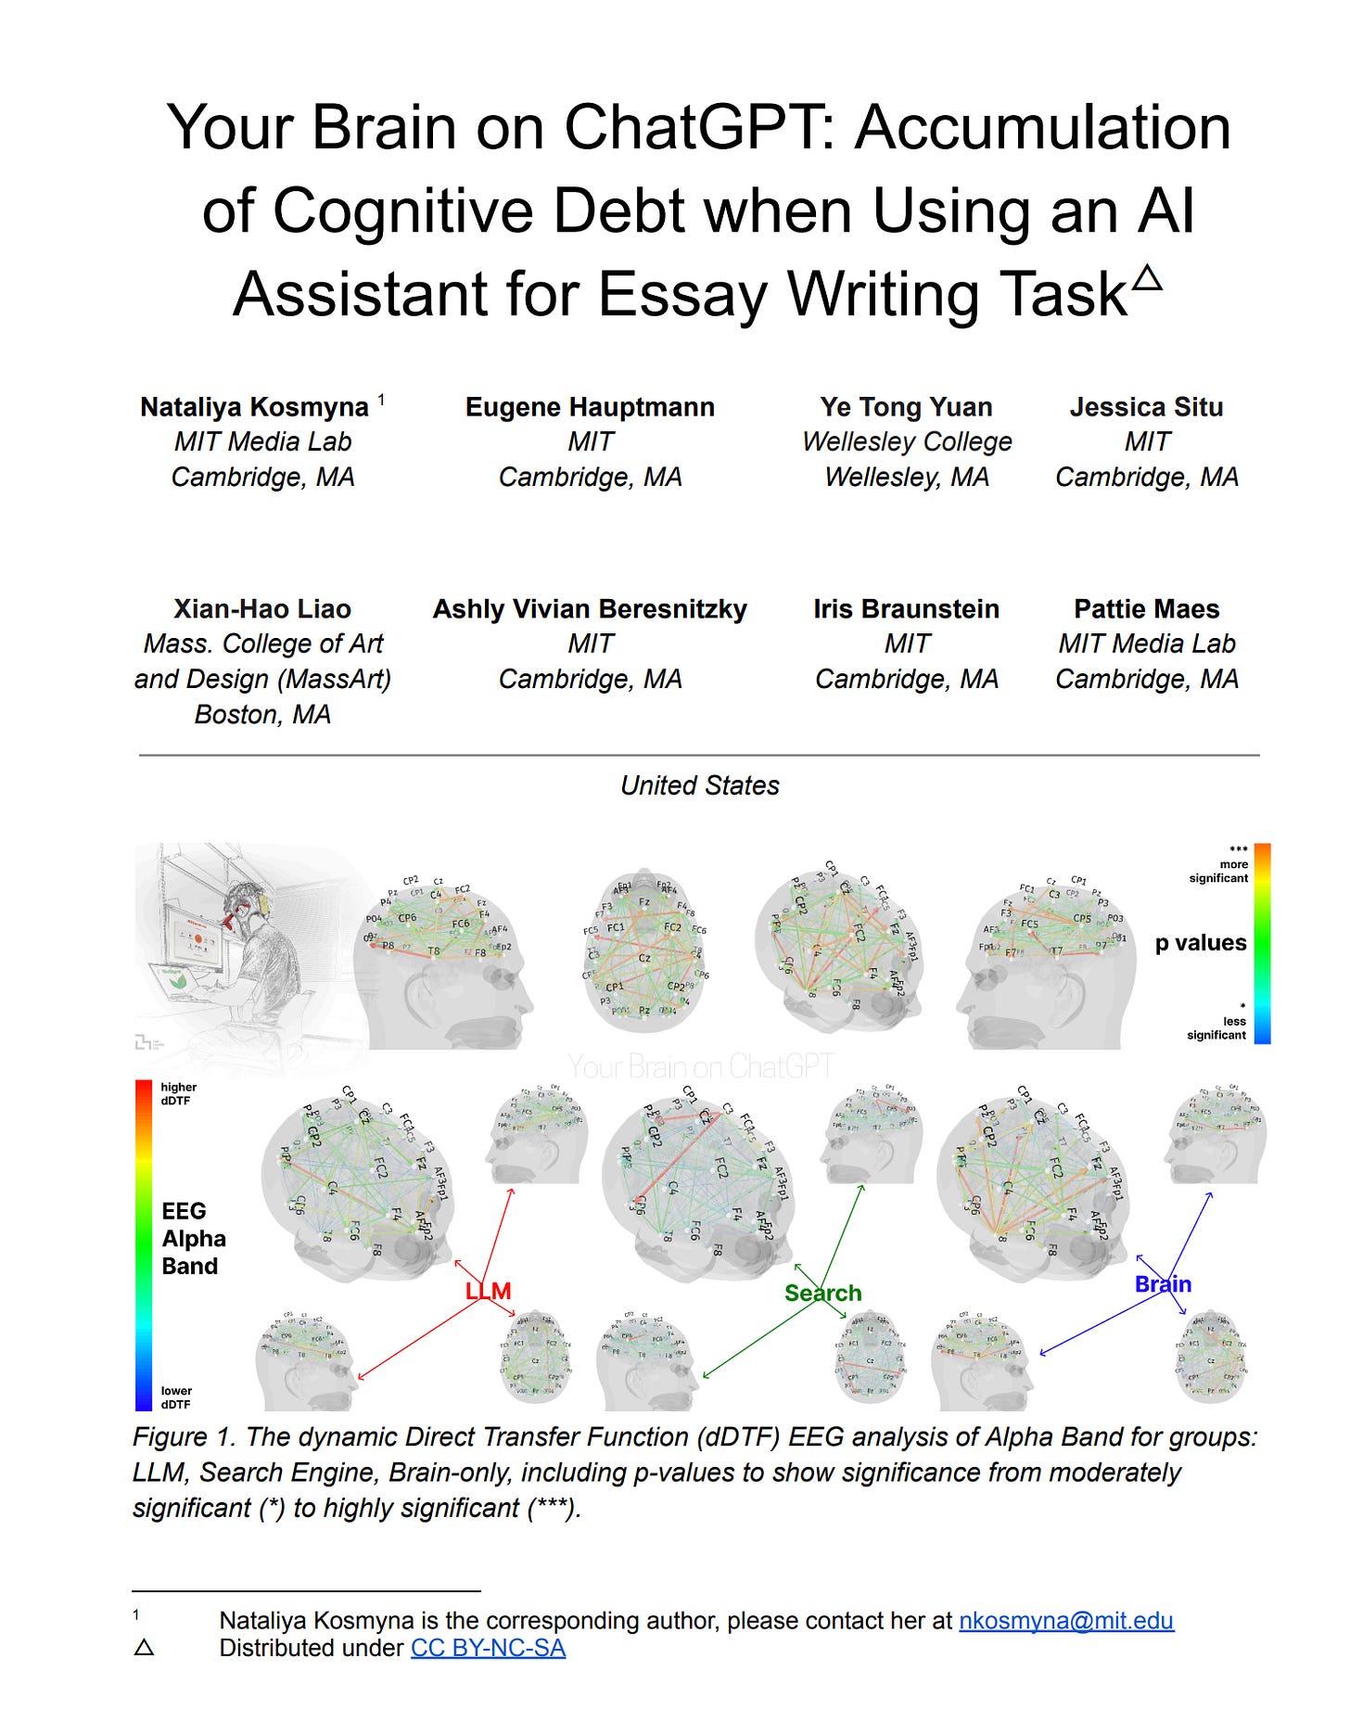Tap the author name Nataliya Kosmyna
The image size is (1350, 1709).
pyautogui.click(x=254, y=407)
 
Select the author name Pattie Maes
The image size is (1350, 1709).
pyautogui.click(x=1146, y=609)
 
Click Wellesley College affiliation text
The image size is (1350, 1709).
pyautogui.click(x=907, y=442)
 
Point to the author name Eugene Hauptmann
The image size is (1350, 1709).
pyautogui.click(x=590, y=407)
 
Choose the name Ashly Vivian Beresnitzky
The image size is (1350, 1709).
pyautogui.click(x=590, y=609)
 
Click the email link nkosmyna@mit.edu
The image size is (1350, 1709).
pyautogui.click(x=1066, y=1620)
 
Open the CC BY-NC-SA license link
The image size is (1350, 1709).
pyautogui.click(x=488, y=1648)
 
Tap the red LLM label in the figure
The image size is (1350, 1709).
pyautogui.click(x=488, y=1291)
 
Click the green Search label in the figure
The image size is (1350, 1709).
pyautogui.click(x=822, y=1293)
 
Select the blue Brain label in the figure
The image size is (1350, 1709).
pyautogui.click(x=1163, y=1284)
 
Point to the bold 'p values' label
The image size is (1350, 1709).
pyautogui.click(x=1201, y=943)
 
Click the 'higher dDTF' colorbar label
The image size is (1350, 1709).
pyautogui.click(x=178, y=1093)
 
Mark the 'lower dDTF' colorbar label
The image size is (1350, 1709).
pyautogui.click(x=176, y=1397)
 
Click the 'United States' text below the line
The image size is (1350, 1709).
pyautogui.click(x=699, y=785)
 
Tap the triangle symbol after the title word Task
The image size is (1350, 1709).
pyautogui.click(x=1147, y=277)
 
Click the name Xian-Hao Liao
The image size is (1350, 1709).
pyautogui.click(x=262, y=609)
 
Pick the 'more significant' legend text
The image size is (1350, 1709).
pyautogui.click(x=1219, y=871)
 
